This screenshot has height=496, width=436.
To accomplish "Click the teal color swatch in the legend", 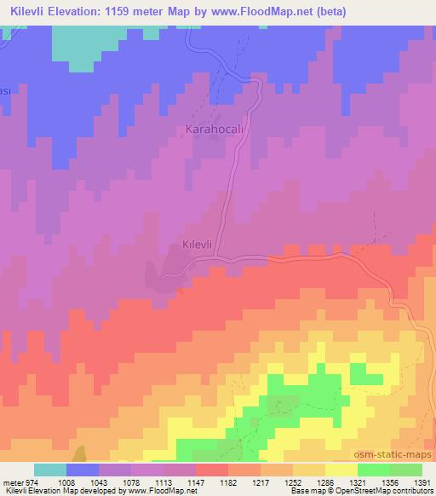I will tap(50, 470).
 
